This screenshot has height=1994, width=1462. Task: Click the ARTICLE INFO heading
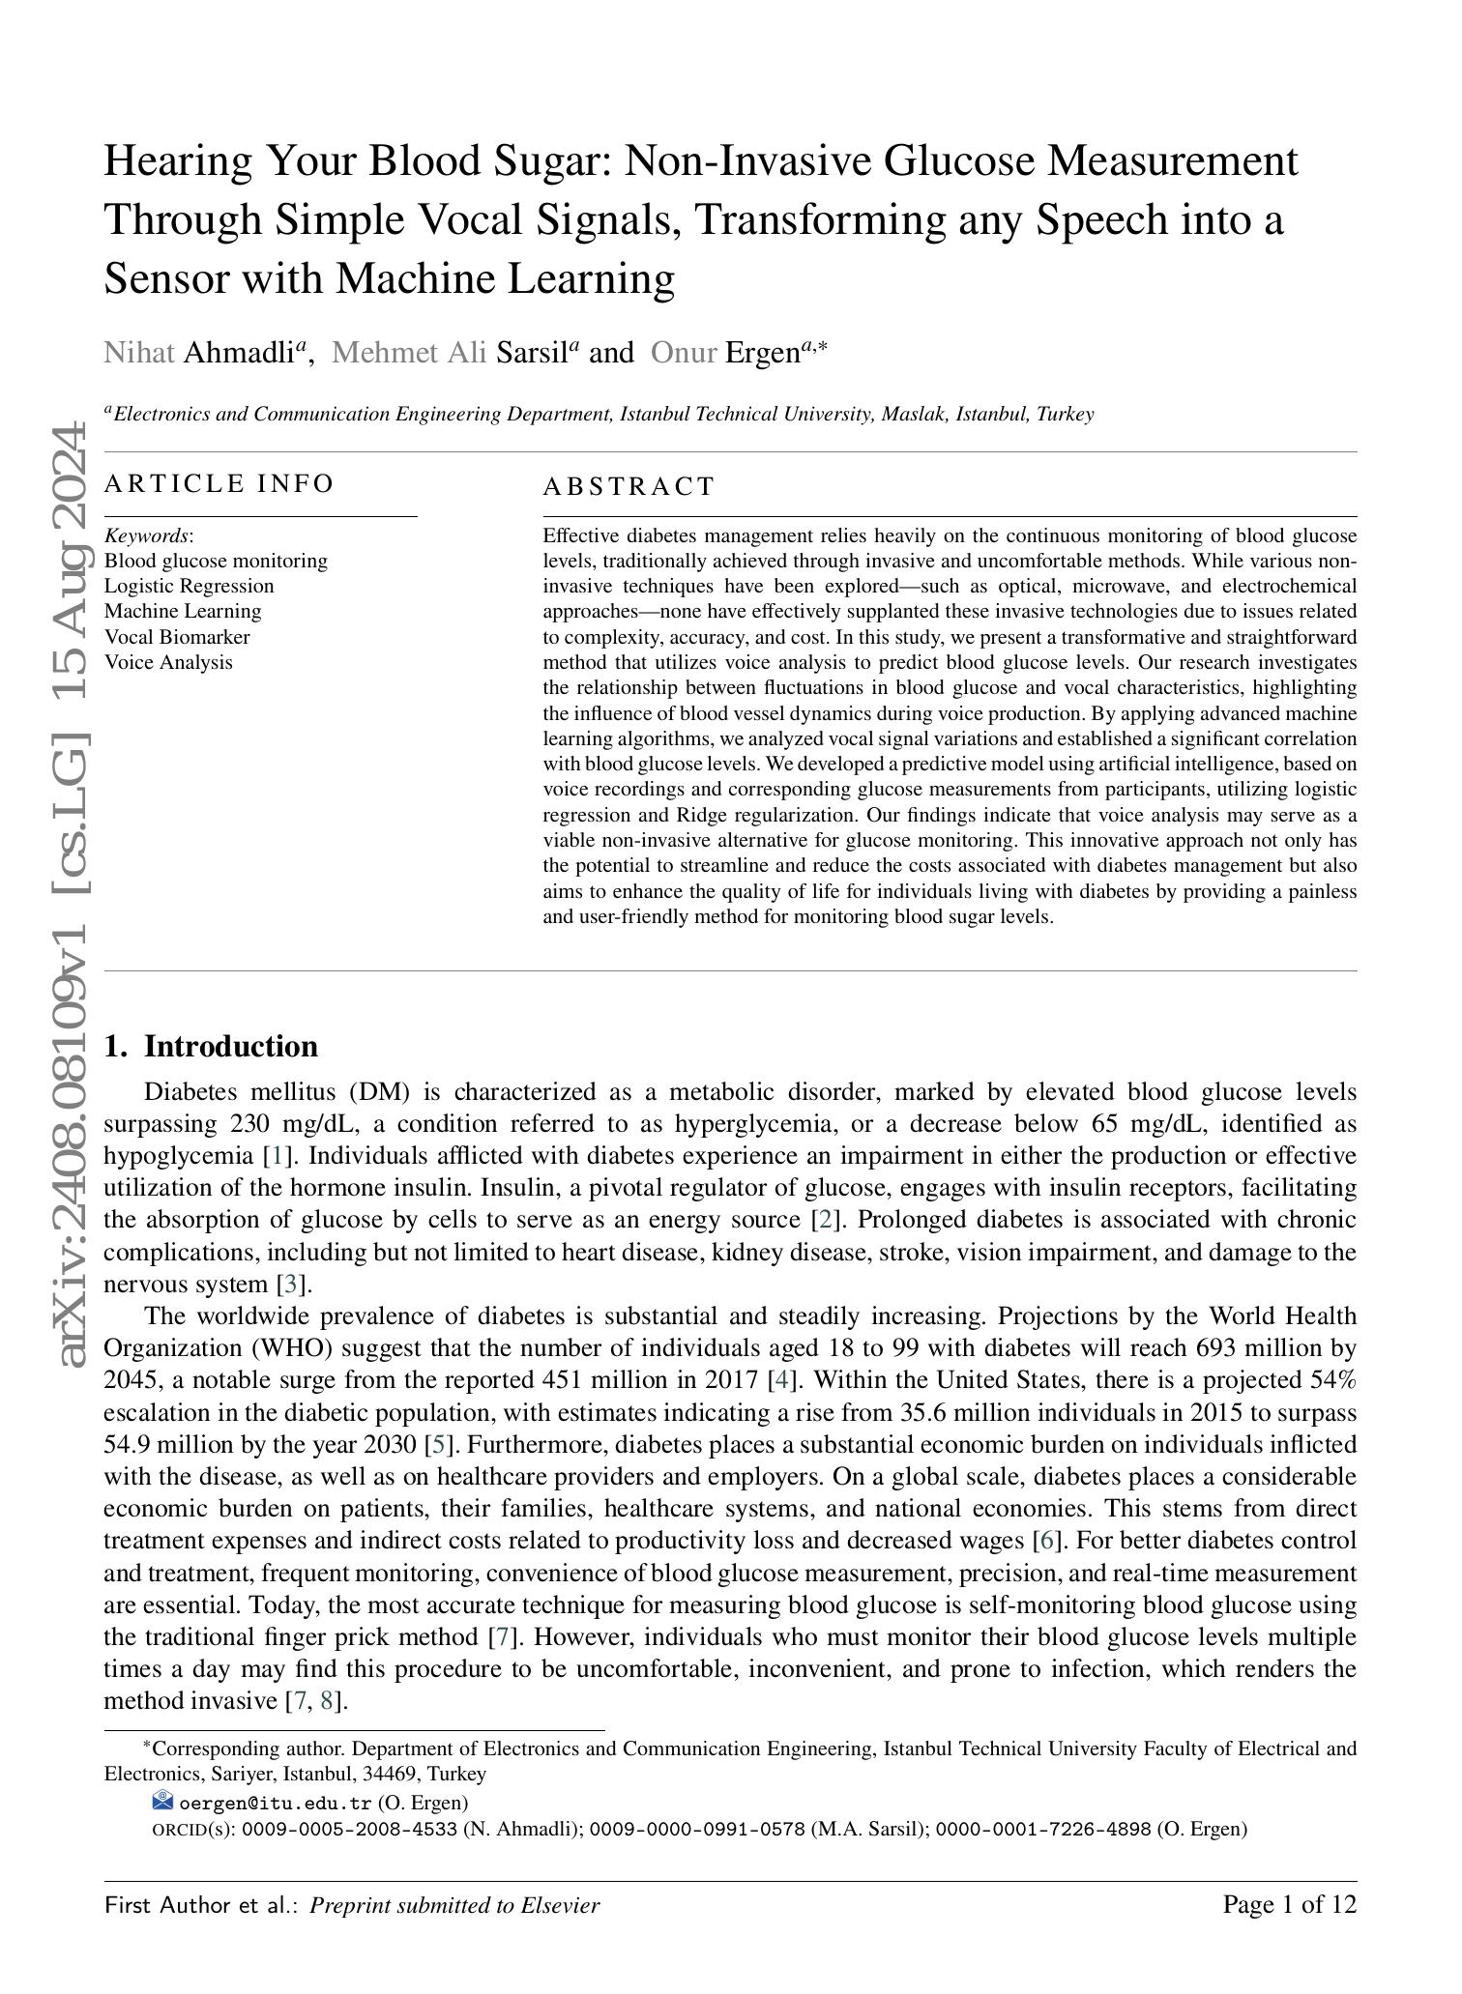[219, 483]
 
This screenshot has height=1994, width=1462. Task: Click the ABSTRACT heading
[629, 486]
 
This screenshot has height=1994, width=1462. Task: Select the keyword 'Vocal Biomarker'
[177, 637]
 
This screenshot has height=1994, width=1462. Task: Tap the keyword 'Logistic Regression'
[189, 586]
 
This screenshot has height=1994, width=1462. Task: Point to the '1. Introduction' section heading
[211, 1047]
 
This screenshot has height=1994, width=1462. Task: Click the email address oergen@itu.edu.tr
[276, 1803]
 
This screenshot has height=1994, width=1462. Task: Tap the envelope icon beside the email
[162, 1801]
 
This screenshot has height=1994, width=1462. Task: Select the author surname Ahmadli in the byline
[239, 353]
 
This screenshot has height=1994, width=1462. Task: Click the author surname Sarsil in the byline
[531, 353]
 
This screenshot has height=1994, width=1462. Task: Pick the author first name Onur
[683, 353]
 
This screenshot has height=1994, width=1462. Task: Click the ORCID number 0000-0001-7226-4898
[1043, 1829]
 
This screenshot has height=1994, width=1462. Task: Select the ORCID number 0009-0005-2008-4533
[349, 1829]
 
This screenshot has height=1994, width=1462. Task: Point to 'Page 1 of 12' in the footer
[1290, 1905]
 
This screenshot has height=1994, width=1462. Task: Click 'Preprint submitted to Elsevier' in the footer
[454, 1906]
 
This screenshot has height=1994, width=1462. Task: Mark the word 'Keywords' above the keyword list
[146, 535]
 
